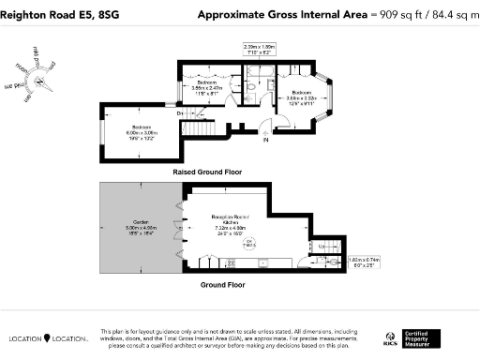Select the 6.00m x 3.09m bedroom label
(x=142, y=132)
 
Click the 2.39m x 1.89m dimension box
(x=258, y=49)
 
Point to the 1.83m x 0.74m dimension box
(x=360, y=262)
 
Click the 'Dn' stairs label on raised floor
(x=181, y=113)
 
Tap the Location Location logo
(x=49, y=338)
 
